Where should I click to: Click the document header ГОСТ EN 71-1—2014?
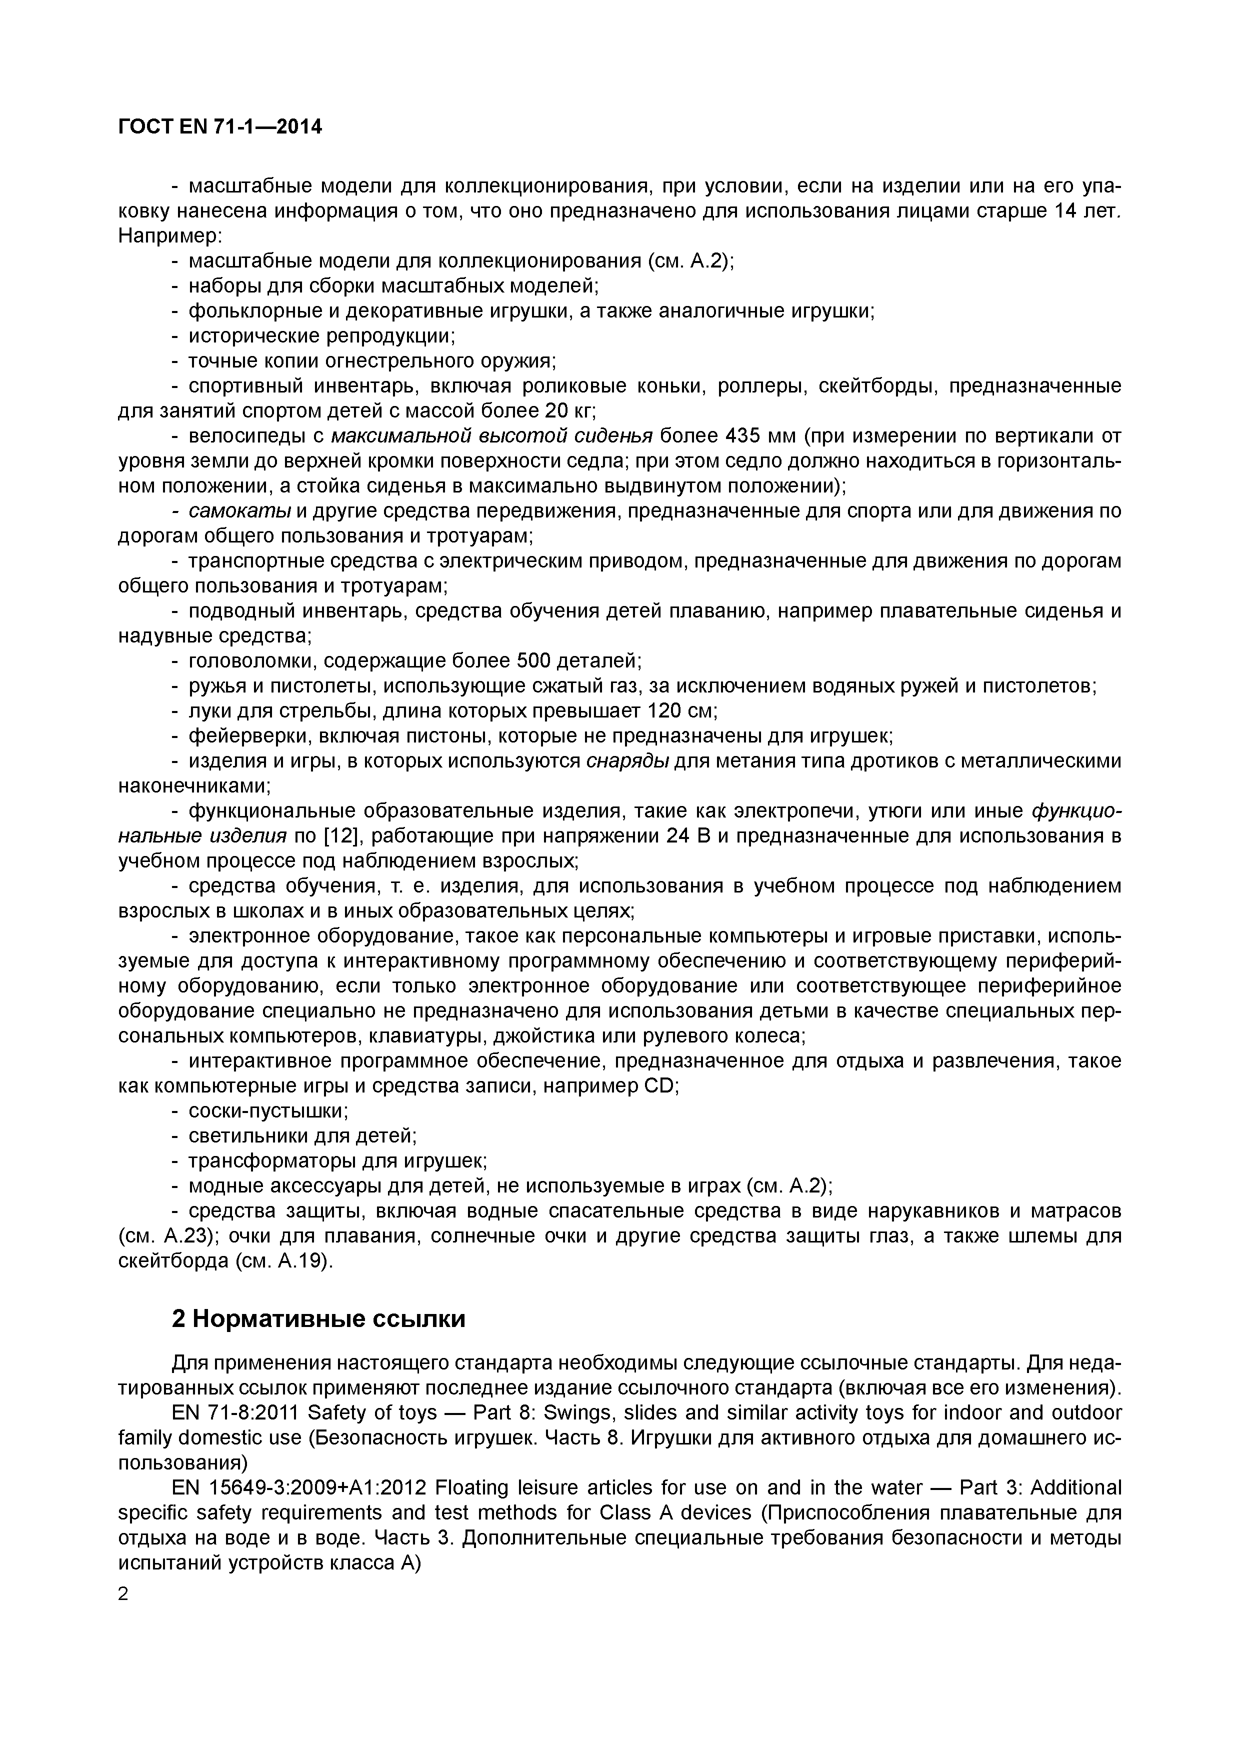coord(220,127)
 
